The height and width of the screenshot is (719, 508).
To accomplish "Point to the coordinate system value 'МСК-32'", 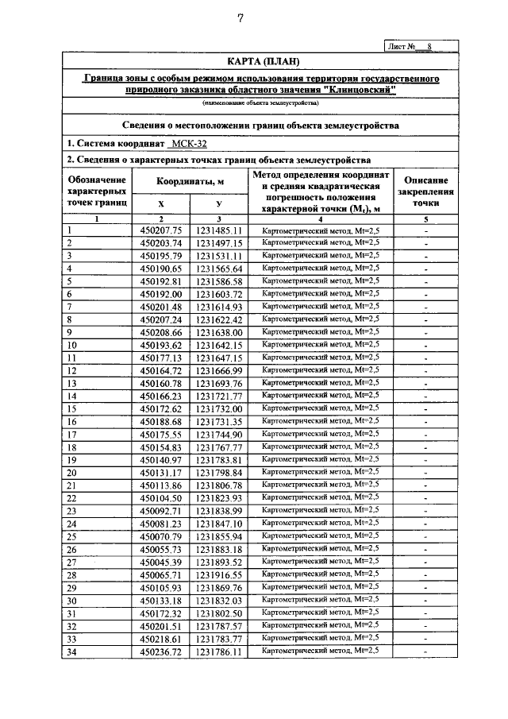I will click(190, 144).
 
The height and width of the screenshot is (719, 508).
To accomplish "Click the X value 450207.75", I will click(161, 230).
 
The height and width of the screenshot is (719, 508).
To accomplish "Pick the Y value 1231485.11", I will click(219, 230).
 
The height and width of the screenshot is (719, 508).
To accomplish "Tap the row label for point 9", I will click(71, 332).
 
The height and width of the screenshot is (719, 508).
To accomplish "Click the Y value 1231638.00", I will click(219, 332).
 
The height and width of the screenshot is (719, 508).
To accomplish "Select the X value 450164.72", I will click(161, 370).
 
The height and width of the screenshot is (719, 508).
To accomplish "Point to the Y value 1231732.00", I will click(219, 408).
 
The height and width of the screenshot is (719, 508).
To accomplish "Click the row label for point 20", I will click(72, 472).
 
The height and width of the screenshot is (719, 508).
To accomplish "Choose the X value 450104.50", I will click(161, 497).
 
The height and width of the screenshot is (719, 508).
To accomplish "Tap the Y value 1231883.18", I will click(219, 548).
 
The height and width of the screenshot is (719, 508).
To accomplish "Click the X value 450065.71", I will click(161, 574).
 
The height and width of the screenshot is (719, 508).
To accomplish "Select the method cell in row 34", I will click(321, 651).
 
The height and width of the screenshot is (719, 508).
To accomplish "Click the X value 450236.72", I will click(161, 651).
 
